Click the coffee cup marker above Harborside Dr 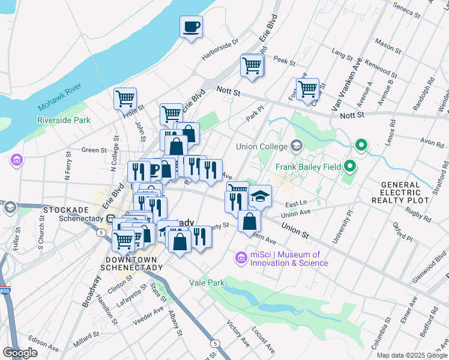191,27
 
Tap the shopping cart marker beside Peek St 252,65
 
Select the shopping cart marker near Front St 125,98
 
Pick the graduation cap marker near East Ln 260,196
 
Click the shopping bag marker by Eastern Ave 249,221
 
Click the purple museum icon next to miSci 241,258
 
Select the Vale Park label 206,282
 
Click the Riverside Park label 63,120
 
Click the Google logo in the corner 20,353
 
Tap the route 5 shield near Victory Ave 215,343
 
